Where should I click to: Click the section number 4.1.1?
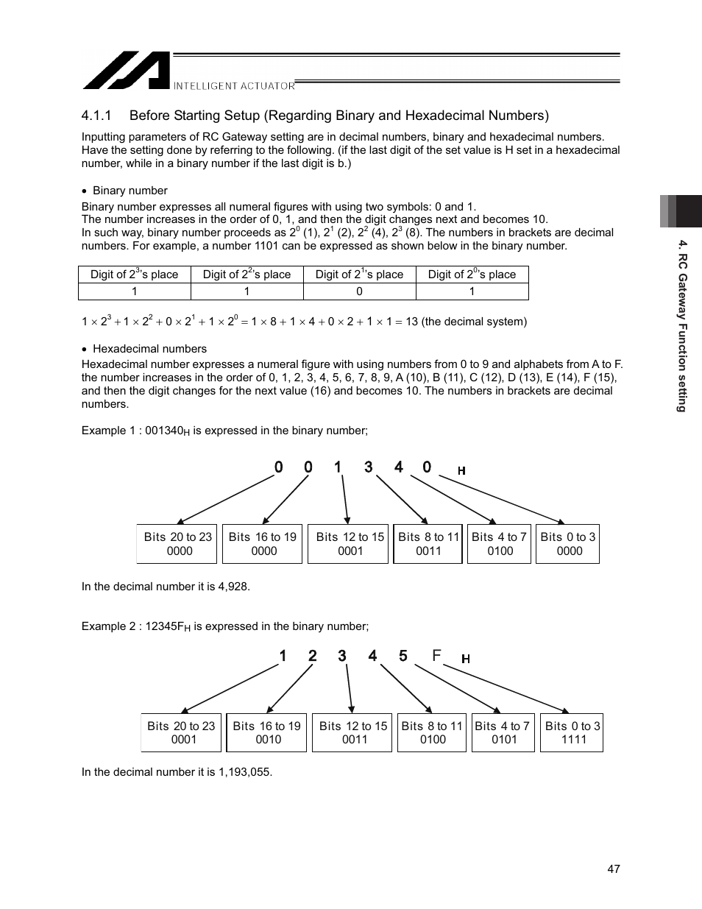96,116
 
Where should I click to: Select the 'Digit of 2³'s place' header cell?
134,275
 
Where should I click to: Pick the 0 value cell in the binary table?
359,291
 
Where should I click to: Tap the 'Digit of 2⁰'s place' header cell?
472,275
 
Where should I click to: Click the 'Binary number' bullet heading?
130,191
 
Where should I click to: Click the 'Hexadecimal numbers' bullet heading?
149,349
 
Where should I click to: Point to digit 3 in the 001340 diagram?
368,467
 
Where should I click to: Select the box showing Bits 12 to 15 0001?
348,544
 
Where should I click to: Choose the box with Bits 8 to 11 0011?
428,544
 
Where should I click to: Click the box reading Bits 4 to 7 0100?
500,544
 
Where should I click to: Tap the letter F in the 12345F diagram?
437,655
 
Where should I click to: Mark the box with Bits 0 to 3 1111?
572,732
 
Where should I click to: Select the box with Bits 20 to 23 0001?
181,732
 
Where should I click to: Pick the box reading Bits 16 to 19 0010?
266,732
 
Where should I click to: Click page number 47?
614,869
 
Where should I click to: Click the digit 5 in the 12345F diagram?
403,655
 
